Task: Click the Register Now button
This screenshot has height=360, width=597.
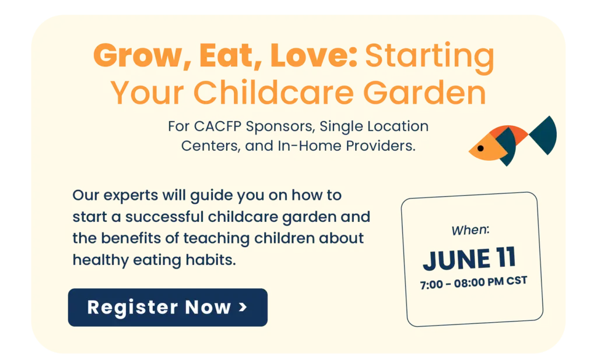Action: pos(167,308)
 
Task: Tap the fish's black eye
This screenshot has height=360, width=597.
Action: pos(480,149)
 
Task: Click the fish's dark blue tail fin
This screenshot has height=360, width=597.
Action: pos(545,136)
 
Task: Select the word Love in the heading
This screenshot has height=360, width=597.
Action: pos(314,55)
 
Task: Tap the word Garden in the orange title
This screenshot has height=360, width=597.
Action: pos(425,93)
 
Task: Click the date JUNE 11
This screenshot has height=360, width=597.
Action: pos(469,259)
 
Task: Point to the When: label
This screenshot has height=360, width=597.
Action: pos(470,230)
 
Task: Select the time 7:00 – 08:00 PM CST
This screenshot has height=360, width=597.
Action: pos(473,283)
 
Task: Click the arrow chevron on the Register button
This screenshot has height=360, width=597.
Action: pos(243,307)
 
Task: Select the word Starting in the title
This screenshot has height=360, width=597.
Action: pos(430,57)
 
